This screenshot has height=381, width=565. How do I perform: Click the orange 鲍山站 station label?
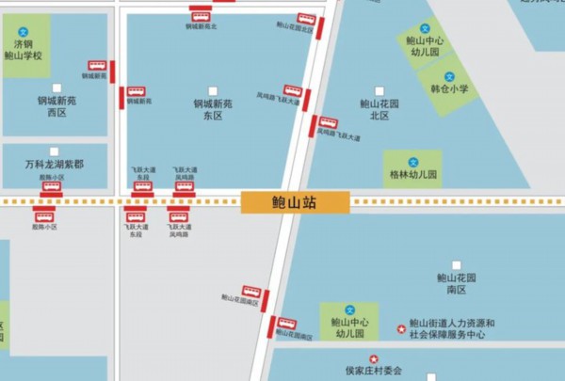pyautogui.click(x=295, y=202)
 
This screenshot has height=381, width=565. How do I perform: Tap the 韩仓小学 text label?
pyautogui.click(x=449, y=89)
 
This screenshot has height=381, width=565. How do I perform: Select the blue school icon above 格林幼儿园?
pyautogui.click(x=412, y=161)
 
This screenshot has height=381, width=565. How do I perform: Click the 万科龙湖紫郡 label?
pyautogui.click(x=54, y=165)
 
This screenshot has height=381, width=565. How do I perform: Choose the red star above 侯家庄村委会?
pyautogui.click(x=373, y=358)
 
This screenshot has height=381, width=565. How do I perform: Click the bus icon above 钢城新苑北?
pyautogui.click(x=201, y=15)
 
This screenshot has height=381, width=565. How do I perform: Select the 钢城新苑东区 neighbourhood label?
pyautogui.click(x=213, y=109)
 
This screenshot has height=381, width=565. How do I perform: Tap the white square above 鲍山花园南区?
pyautogui.click(x=457, y=266)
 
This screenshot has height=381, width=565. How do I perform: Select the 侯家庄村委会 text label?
pyautogui.click(x=374, y=372)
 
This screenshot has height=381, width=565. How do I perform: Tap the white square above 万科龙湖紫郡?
pyautogui.click(x=55, y=151)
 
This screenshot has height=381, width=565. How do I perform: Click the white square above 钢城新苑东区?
pyautogui.click(x=213, y=91)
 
